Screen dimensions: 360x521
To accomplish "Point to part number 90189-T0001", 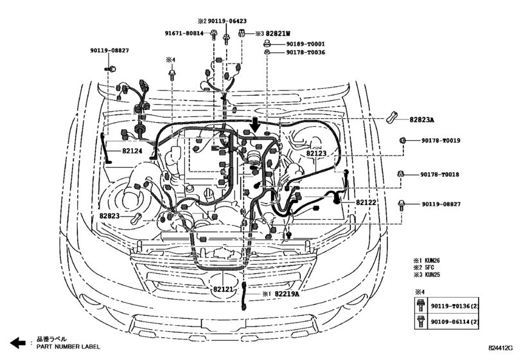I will coord(305,44).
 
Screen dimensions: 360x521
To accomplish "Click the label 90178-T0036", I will coord(305,53).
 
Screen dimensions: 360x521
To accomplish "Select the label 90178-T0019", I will coord(441,140).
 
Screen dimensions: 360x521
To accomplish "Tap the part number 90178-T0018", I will coord(441,174).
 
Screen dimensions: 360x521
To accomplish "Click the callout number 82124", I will coord(117,151).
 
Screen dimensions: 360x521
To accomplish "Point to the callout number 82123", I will coord(316,154).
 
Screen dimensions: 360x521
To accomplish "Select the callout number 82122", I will coord(367,203).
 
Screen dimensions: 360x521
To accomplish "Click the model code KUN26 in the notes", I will coord(433,262).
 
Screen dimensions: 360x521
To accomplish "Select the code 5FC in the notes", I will coord(430,269).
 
